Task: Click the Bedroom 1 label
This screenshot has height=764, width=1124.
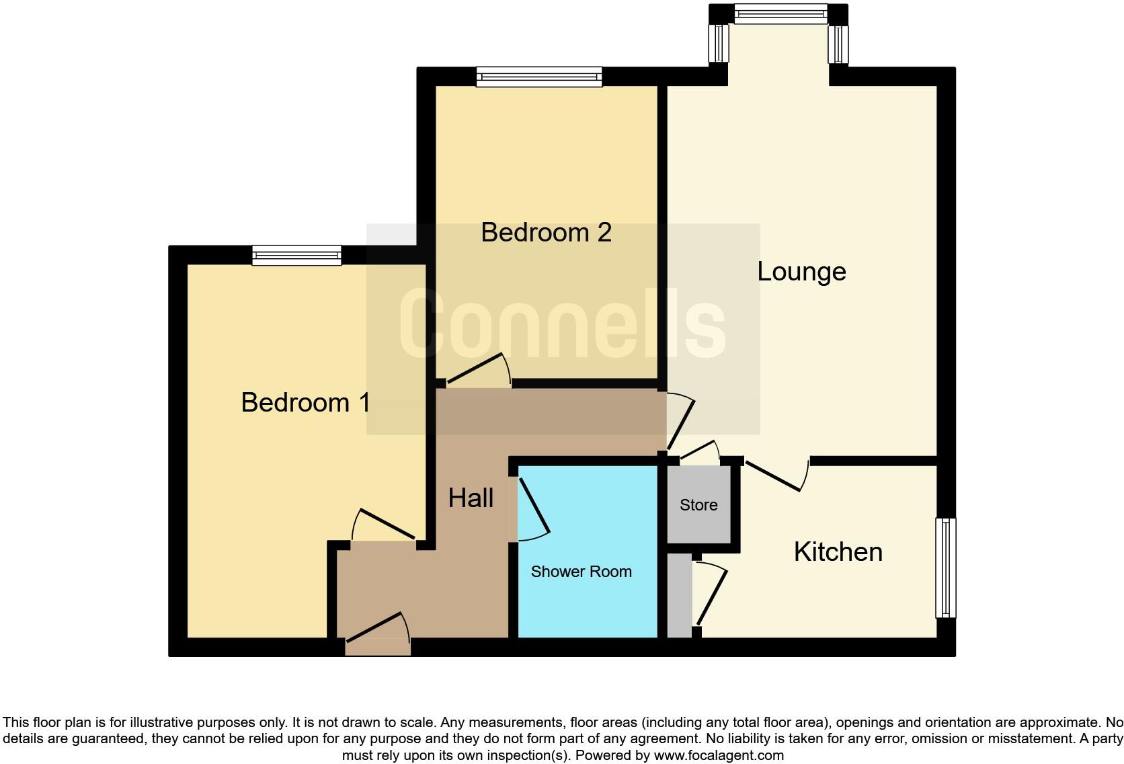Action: pyautogui.click(x=305, y=403)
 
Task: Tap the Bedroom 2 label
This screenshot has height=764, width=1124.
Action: pyautogui.click(x=546, y=233)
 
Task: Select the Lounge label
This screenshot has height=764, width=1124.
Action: pyautogui.click(x=801, y=272)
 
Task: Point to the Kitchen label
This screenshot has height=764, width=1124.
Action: pyautogui.click(x=838, y=552)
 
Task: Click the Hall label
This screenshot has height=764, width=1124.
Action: pyautogui.click(x=471, y=498)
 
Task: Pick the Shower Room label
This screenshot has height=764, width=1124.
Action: pyautogui.click(x=581, y=572)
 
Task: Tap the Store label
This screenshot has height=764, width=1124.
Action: pyautogui.click(x=698, y=505)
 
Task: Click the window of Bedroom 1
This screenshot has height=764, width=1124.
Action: pyautogui.click(x=296, y=255)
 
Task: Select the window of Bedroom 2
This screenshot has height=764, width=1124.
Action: pyautogui.click(x=539, y=76)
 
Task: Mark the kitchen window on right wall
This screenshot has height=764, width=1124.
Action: pyautogui.click(x=946, y=567)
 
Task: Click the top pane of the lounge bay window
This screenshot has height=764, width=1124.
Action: pyautogui.click(x=780, y=13)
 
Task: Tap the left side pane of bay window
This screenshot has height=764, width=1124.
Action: pyautogui.click(x=719, y=43)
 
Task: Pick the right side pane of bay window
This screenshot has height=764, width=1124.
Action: pyautogui.click(x=838, y=43)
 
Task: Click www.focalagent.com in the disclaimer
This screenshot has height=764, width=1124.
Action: pyautogui.click(x=719, y=755)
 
